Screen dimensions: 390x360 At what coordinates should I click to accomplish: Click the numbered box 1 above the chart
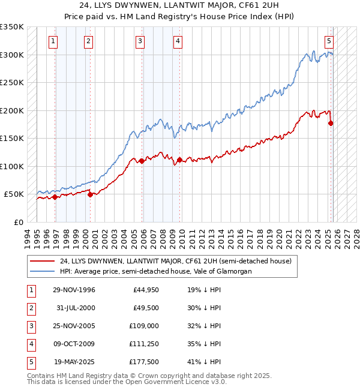[54, 41]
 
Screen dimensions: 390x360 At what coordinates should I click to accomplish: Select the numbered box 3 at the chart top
[140, 41]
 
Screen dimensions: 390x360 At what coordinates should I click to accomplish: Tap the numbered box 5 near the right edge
[329, 41]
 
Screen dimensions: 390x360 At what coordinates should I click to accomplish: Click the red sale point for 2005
[142, 161]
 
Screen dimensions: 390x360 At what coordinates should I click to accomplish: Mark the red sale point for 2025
[331, 123]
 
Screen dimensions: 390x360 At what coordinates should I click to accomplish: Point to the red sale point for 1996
[55, 197]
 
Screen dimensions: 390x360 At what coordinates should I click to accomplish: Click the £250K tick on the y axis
[12, 83]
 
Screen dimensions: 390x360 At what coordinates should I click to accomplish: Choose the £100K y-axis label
[12, 166]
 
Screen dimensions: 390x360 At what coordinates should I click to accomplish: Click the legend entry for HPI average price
[155, 271]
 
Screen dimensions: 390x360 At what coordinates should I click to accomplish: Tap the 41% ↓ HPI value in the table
[203, 362]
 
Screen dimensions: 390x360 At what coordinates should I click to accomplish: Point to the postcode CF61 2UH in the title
[224, 6]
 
